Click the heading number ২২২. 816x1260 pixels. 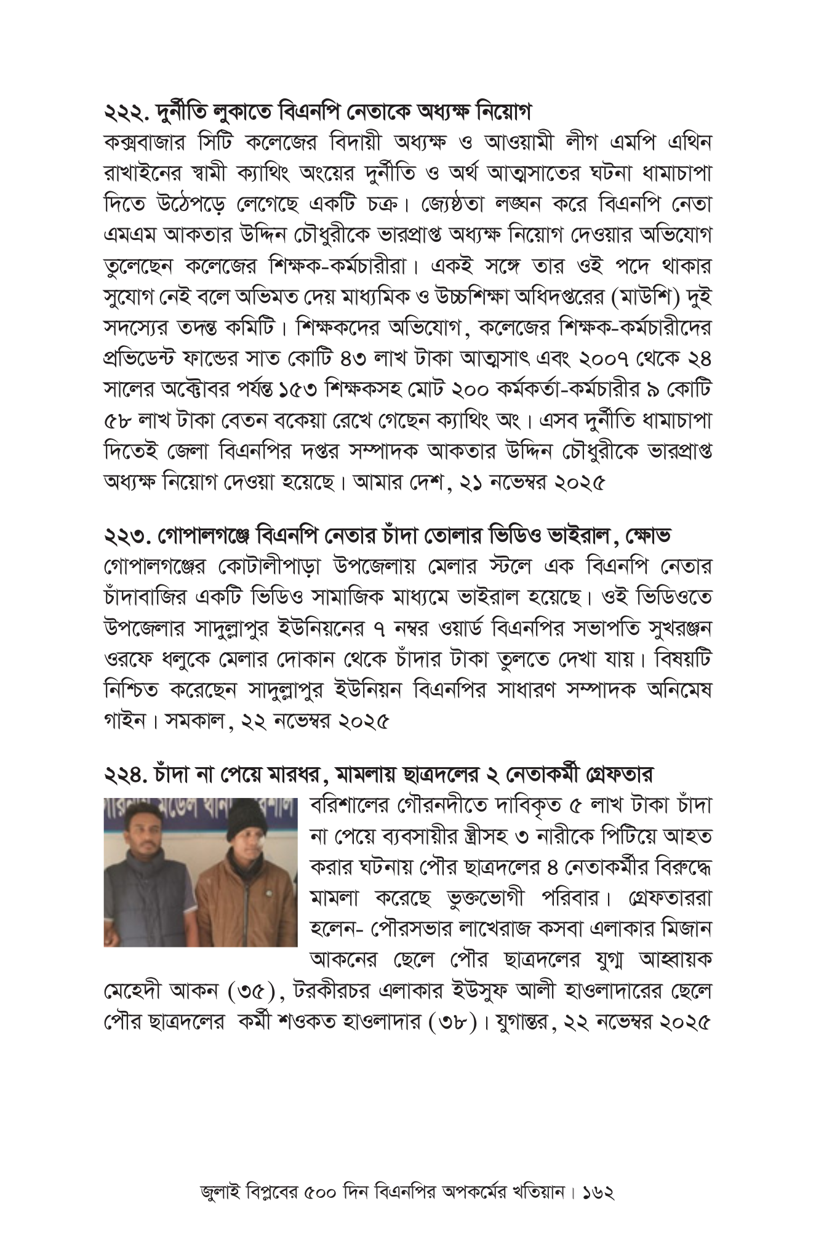click(126, 113)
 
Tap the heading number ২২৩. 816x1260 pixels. click(126, 535)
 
